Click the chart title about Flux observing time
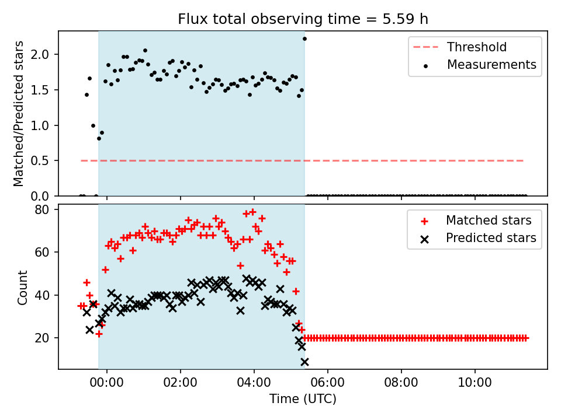303,19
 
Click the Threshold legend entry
477,47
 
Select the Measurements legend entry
491,65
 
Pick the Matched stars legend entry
489,220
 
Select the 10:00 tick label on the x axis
475,384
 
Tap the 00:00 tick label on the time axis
106,384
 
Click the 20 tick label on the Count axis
44,338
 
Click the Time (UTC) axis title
303,400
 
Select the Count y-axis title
23,287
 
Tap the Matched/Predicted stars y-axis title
19,114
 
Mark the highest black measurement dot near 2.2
304,38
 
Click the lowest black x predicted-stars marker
304,362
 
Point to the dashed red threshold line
409,160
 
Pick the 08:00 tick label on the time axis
401,384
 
